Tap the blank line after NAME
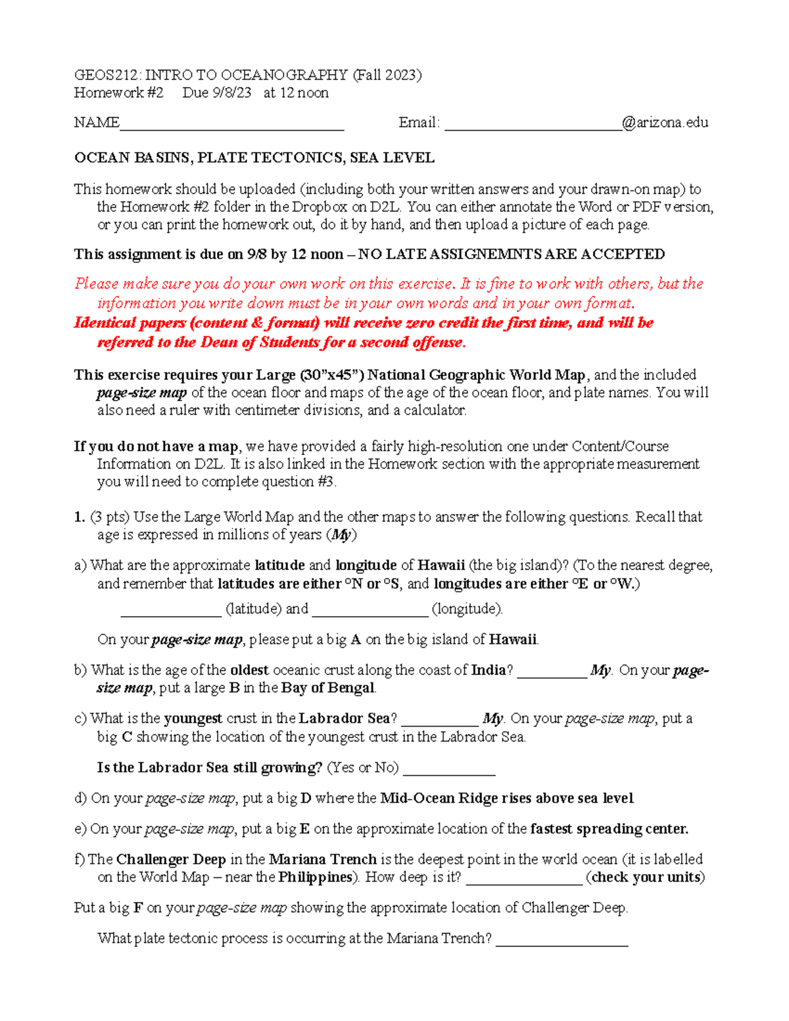point(231,127)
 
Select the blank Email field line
point(533,127)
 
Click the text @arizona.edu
point(665,122)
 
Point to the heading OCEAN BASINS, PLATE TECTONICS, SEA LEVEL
point(254,158)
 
